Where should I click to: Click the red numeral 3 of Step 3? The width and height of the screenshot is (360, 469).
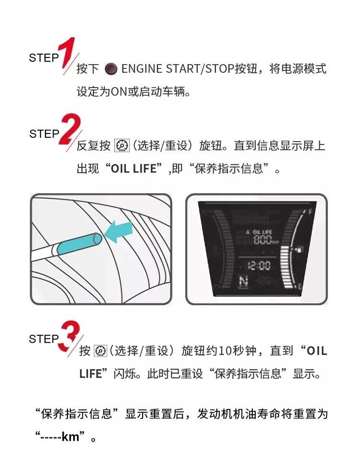(x=70, y=335)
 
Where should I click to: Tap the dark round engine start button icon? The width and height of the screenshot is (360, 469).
(x=112, y=69)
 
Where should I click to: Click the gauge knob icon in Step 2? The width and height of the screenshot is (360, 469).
(x=122, y=146)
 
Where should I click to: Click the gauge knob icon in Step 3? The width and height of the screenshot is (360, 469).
(x=100, y=351)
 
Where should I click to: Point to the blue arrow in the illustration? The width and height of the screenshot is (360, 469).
(x=119, y=232)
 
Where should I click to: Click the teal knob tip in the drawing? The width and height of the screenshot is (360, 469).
(x=79, y=244)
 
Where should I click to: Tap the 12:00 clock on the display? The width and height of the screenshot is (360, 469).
(x=259, y=266)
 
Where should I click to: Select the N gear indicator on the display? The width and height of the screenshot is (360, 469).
(x=244, y=281)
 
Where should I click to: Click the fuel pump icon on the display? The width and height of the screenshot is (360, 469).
(x=299, y=249)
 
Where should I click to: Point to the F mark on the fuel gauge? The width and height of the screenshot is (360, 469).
(x=310, y=212)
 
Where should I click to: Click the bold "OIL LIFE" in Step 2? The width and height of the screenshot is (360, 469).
(x=134, y=169)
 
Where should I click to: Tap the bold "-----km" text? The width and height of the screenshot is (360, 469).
(x=60, y=437)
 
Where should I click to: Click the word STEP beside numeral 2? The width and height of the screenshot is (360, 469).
(x=44, y=134)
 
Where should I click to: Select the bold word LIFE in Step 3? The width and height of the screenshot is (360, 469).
(x=90, y=374)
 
